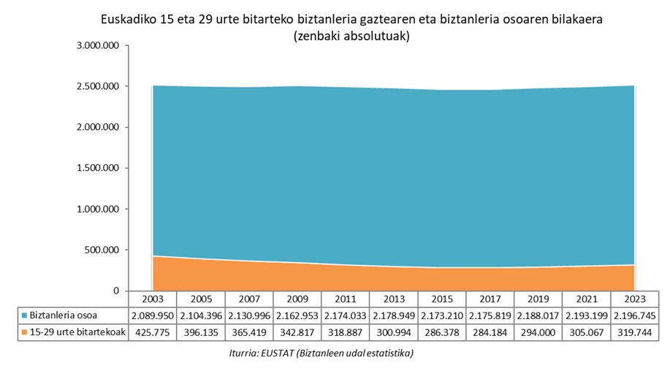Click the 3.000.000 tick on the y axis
(x=97, y=45)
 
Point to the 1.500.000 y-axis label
(x=97, y=168)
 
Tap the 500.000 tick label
(x=103, y=250)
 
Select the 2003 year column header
(x=153, y=299)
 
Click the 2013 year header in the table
(x=394, y=299)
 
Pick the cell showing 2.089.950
(x=153, y=315)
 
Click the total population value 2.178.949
(x=394, y=315)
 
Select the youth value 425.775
(x=153, y=332)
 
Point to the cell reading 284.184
(x=490, y=332)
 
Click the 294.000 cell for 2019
(x=538, y=332)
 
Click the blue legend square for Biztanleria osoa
(x=25, y=315)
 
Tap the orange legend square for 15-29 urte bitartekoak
(x=25, y=332)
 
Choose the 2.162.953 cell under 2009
(x=297, y=315)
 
